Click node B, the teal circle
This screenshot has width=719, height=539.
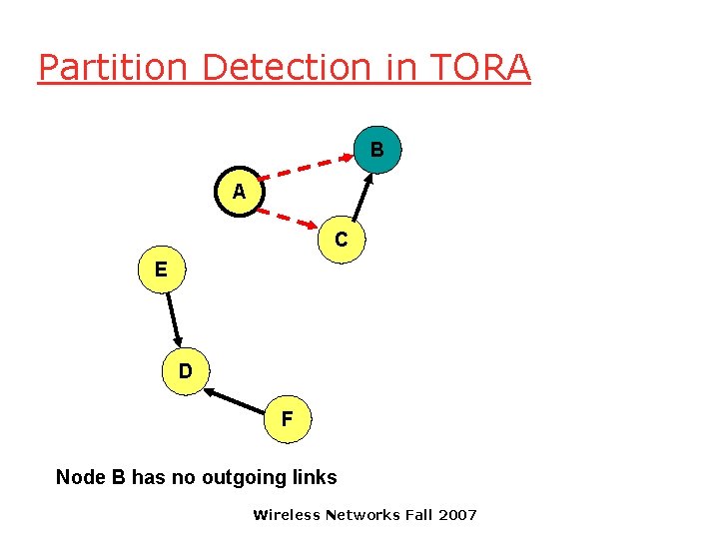376,150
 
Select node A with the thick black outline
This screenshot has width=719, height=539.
239,192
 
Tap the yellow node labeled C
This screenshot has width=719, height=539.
342,240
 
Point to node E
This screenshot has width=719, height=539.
161,269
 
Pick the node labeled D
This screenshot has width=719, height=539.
186,372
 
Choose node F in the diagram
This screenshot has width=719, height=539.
288,419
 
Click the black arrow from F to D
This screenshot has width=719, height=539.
237,401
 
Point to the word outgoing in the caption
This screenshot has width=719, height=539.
244,478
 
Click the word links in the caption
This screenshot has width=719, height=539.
315,478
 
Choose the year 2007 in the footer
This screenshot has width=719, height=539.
457,515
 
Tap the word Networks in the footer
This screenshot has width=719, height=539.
363,515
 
